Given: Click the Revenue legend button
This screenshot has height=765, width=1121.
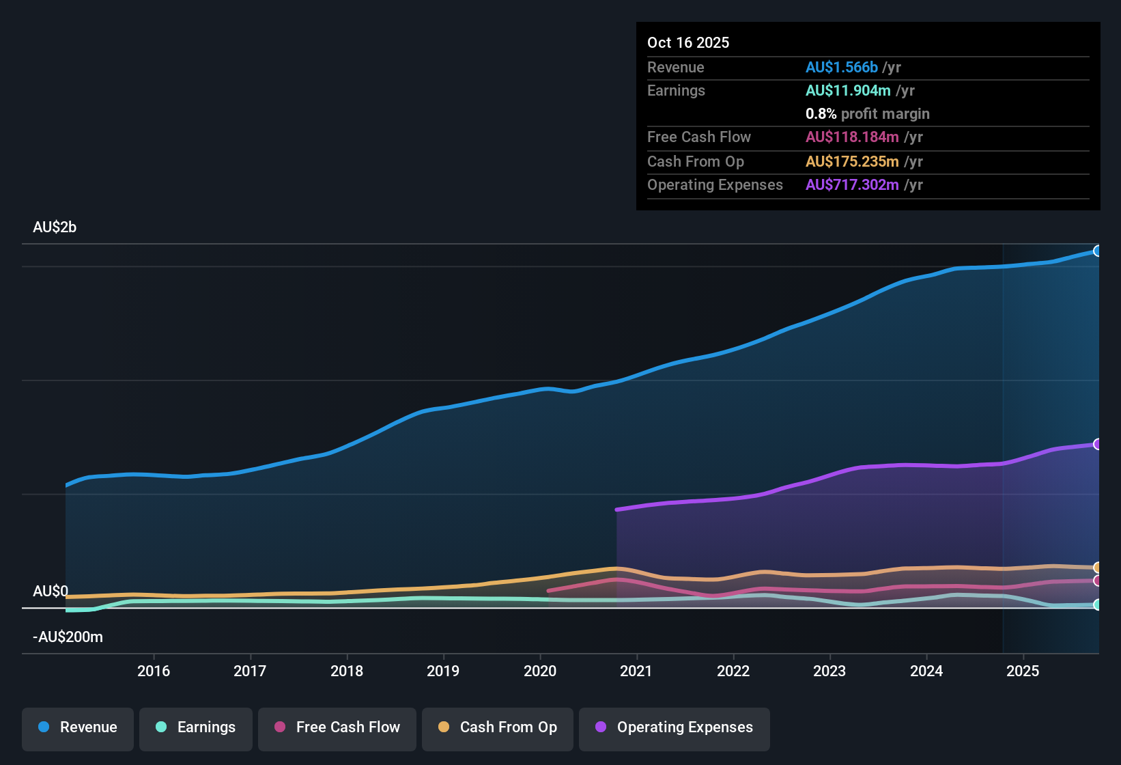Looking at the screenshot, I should [78, 727].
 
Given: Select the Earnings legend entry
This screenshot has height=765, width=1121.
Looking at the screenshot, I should [196, 727].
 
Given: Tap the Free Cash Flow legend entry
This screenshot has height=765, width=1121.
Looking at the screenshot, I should [337, 727].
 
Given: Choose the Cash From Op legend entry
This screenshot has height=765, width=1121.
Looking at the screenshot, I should [498, 727].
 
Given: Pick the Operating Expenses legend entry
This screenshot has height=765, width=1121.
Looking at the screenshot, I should [675, 727].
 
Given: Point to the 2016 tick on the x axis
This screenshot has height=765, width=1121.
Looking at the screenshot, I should [154, 671].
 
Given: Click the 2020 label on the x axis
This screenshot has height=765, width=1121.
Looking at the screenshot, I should [540, 671].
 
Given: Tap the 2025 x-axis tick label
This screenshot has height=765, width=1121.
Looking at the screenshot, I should [1023, 671].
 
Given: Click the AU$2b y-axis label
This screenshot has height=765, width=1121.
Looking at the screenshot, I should [55, 227].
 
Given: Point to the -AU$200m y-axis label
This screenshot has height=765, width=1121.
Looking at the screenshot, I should [68, 637].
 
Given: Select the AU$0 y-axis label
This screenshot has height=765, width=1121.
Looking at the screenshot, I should [51, 592].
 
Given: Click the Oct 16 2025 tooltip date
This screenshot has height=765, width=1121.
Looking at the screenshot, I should [688, 43].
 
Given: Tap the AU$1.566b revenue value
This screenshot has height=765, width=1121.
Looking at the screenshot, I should [841, 68].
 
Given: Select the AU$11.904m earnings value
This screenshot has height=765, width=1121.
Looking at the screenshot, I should [848, 91].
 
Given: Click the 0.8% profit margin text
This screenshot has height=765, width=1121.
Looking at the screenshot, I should [867, 114].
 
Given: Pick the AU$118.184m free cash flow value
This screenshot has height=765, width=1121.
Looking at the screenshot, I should [852, 137].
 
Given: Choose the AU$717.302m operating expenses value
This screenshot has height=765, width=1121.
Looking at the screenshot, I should [852, 185].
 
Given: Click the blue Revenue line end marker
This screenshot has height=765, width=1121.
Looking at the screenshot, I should [1097, 251].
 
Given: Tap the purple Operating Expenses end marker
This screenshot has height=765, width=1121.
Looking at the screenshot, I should [1097, 444].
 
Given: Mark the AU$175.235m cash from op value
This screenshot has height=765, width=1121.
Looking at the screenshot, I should [852, 162].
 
